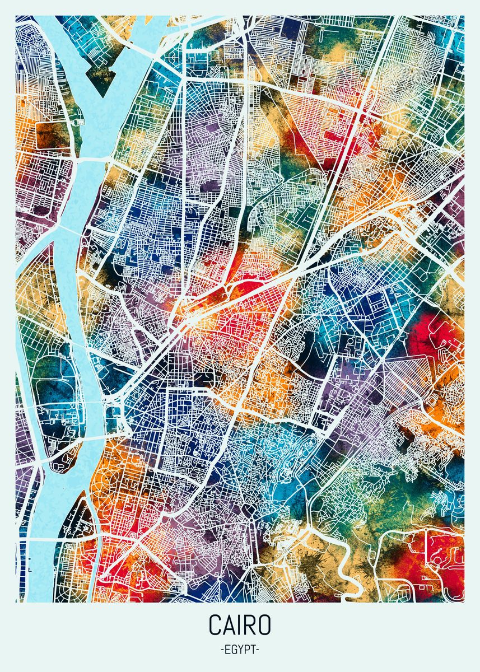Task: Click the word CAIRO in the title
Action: (240, 625)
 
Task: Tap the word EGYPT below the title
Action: (240, 650)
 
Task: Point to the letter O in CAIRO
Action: (264, 625)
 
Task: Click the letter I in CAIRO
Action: (239, 625)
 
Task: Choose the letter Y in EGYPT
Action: (240, 650)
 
